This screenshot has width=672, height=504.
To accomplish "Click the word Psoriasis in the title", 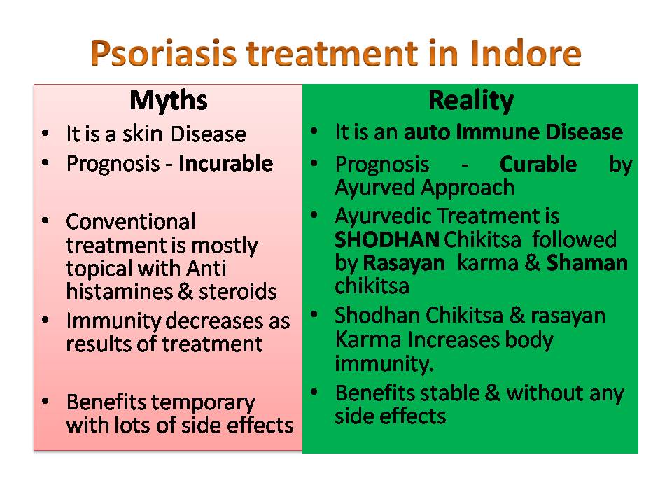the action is pyautogui.click(x=163, y=54).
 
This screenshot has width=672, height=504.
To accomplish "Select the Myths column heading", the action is pyautogui.click(x=169, y=101).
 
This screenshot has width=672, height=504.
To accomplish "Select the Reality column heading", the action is pyautogui.click(x=471, y=101).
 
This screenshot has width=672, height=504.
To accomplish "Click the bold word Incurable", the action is pyautogui.click(x=226, y=163).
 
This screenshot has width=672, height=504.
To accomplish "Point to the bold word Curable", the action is pyautogui.click(x=538, y=164).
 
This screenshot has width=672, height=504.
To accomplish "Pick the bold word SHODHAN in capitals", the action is pyautogui.click(x=387, y=239).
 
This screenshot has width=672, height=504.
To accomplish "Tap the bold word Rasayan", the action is pyautogui.click(x=404, y=263).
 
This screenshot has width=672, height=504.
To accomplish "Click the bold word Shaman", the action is pyautogui.click(x=587, y=262).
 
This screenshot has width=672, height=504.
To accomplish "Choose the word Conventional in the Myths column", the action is pyautogui.click(x=131, y=222).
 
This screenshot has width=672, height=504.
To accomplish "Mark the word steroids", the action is pyautogui.click(x=237, y=291).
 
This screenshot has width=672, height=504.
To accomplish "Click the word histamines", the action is pyautogui.click(x=119, y=291).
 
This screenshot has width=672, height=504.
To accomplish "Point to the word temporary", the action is pyautogui.click(x=204, y=403).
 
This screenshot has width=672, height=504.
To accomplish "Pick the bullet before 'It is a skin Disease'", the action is pyautogui.click(x=45, y=132).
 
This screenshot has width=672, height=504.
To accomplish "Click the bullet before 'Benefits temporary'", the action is pyautogui.click(x=45, y=402).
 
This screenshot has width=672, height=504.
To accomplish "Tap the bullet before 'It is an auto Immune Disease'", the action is pyautogui.click(x=314, y=131).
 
